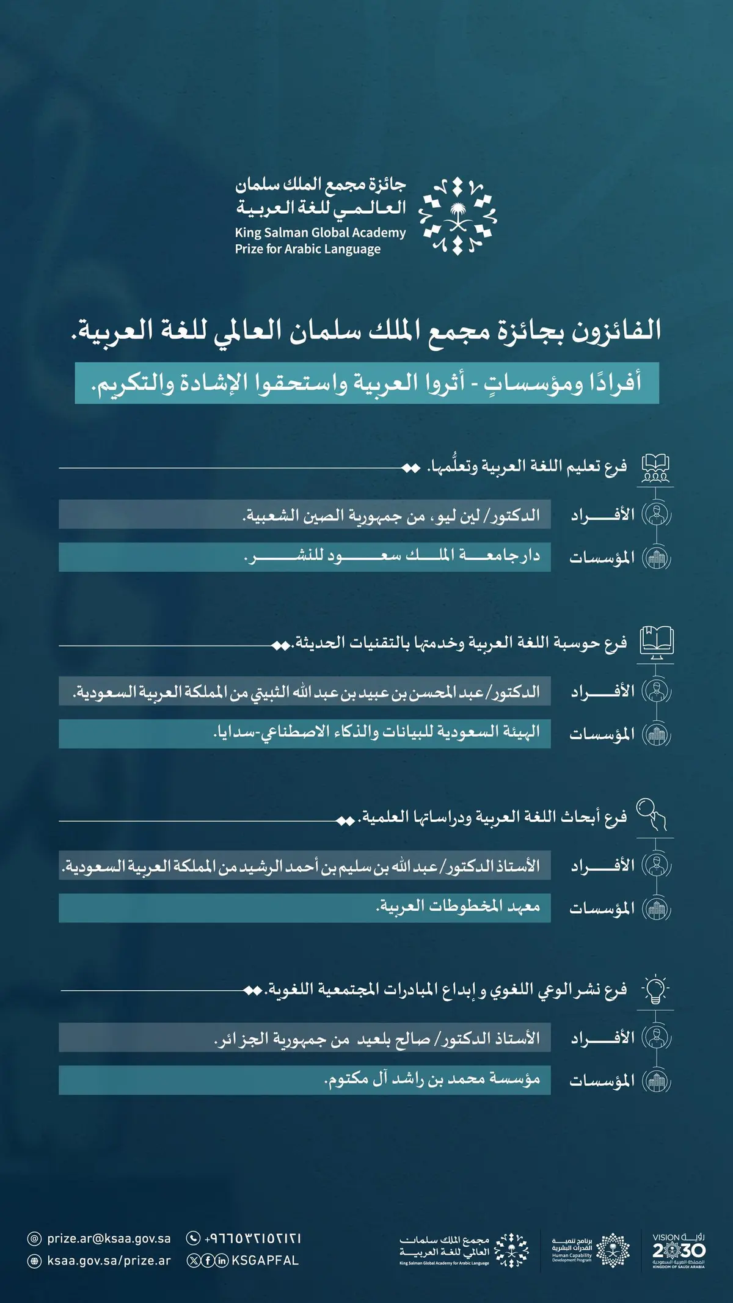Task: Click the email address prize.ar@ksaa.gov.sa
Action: coord(109,1238)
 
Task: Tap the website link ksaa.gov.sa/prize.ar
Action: coord(109,1260)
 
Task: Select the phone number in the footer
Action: coord(253,1238)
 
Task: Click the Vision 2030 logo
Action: coord(678,1250)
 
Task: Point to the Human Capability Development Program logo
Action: coord(590,1250)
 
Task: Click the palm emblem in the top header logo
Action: coord(458,217)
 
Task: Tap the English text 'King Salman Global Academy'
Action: coord(320,233)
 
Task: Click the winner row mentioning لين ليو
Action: coord(305,514)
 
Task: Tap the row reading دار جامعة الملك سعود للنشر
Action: coord(305,557)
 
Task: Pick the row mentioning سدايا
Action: coord(305,733)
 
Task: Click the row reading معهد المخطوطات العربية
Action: coord(305,908)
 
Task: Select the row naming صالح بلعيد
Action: coord(305,1038)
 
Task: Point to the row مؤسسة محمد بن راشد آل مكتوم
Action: coord(305,1080)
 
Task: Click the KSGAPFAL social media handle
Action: coord(265,1260)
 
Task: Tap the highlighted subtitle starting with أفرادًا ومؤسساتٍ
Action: coord(366,384)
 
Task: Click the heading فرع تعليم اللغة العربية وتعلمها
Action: coord(527,467)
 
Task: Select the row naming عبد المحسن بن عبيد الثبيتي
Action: coord(305,692)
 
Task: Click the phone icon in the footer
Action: coord(193,1238)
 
